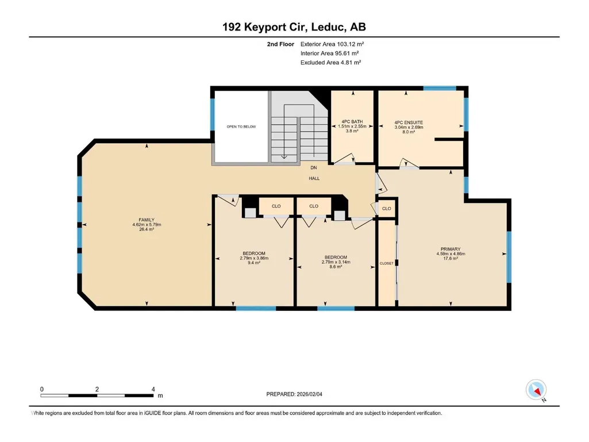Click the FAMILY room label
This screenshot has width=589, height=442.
point(147,220)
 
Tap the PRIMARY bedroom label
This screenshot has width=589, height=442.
point(451,249)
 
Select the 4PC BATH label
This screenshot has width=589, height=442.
point(352,121)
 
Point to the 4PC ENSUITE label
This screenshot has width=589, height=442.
point(409,122)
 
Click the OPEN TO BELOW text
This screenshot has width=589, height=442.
point(241,126)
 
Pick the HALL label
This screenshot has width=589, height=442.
point(314,179)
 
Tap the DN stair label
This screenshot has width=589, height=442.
point(314,168)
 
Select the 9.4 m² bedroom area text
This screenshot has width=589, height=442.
point(254,263)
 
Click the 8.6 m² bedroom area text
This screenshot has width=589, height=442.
point(336,267)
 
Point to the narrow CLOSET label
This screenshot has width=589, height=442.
point(387,263)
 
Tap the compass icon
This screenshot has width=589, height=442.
point(536,390)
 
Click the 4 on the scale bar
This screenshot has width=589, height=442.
point(153,389)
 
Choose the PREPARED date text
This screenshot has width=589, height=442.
point(294,394)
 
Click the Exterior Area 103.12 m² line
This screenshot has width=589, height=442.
point(332,44)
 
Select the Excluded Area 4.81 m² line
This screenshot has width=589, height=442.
point(330,63)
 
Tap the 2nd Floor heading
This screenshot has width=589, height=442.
point(280,44)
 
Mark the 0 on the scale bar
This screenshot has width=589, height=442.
point(42,389)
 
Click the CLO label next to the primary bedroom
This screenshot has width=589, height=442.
point(387,209)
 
